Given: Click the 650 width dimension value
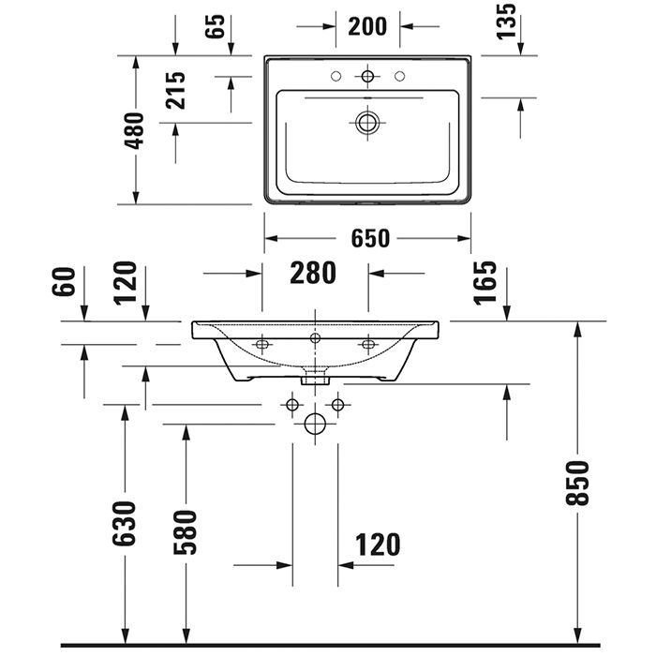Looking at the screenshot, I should pos(369,238).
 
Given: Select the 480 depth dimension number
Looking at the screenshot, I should pos(135,131).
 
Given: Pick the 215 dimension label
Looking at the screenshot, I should pos(175,90).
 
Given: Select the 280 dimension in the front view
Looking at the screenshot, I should pos(312,273).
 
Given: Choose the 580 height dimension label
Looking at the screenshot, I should pos(187,530).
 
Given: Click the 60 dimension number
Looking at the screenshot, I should pos(64,281).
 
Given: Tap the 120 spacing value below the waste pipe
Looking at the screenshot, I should pos(377,544).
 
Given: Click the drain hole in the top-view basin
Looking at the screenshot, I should pos(367,121).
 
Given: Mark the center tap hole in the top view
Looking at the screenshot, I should pos(367,74).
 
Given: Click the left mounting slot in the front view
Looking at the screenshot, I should pos(261,345).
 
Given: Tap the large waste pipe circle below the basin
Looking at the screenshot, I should pos(315,425).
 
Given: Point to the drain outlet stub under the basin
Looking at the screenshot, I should pos(315,379).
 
